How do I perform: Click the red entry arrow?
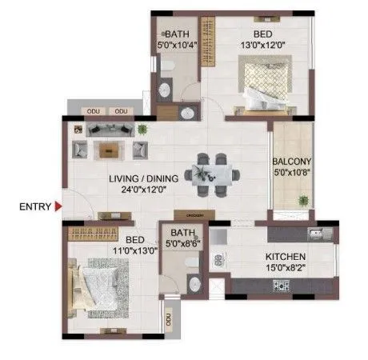coord(58,206)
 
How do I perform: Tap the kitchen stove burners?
coord(282,284)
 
